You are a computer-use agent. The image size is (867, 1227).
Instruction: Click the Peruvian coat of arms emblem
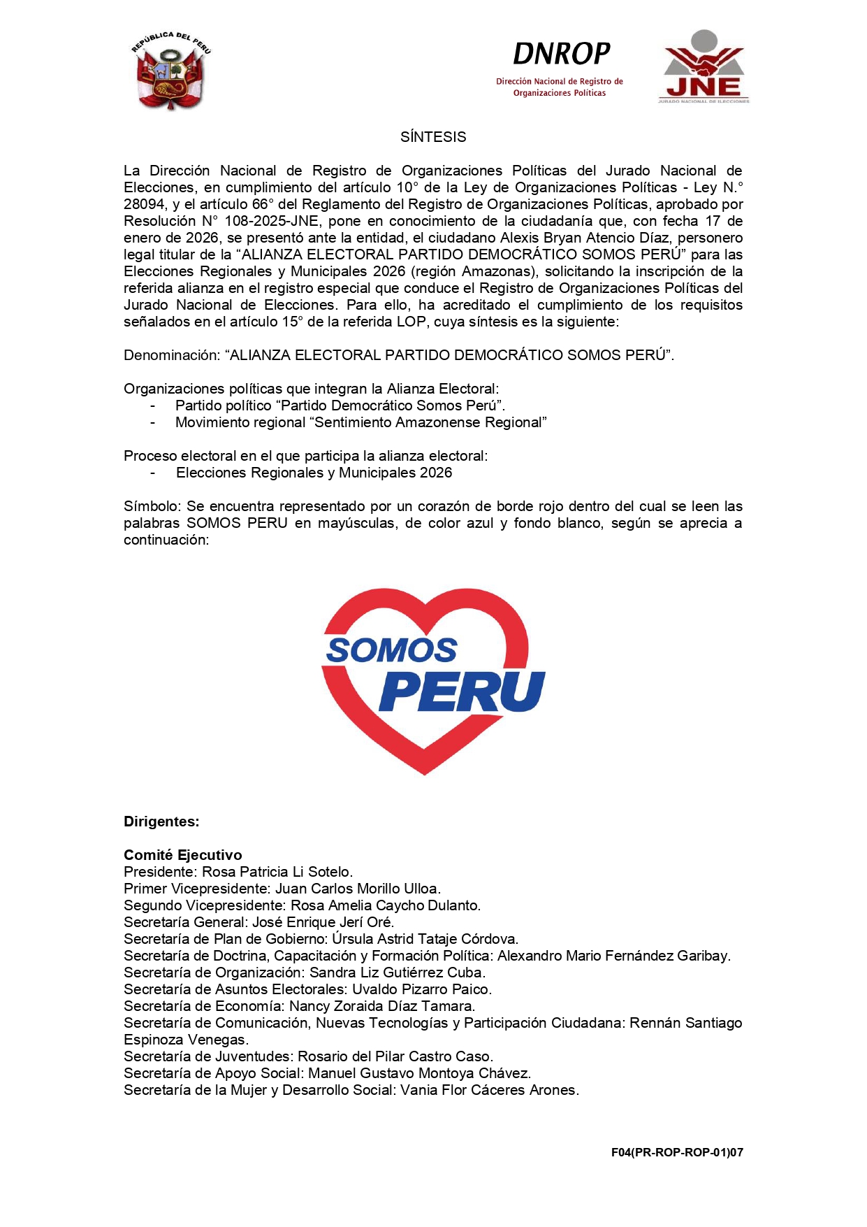pyautogui.click(x=170, y=71)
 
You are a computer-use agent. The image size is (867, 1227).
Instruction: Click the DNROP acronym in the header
pyautogui.click(x=561, y=54)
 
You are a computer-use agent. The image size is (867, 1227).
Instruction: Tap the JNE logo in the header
pyautogui.click(x=704, y=67)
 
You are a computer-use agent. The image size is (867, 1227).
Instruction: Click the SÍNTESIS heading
pyautogui.click(x=433, y=137)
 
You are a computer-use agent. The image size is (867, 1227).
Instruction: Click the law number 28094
pyautogui.click(x=143, y=204)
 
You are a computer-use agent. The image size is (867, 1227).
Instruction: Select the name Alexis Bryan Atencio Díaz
pyautogui.click(x=584, y=238)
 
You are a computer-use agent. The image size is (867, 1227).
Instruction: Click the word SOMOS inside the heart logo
pyautogui.click(x=391, y=650)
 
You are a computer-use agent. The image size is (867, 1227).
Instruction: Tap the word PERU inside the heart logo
pyautogui.click(x=461, y=691)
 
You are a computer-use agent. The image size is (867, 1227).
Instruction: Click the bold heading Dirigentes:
pyautogui.click(x=161, y=821)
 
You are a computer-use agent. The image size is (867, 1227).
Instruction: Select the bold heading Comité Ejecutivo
pyautogui.click(x=183, y=855)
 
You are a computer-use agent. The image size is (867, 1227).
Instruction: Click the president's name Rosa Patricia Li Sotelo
pyautogui.click(x=277, y=872)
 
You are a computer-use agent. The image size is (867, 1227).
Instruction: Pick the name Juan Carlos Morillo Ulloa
pyautogui.click(x=357, y=889)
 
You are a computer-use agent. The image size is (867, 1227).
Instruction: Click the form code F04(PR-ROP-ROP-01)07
pyautogui.click(x=676, y=1152)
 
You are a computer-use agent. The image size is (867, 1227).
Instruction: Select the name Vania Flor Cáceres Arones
pyautogui.click(x=489, y=1090)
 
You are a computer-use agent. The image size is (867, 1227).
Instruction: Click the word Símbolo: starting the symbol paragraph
pyautogui.click(x=152, y=506)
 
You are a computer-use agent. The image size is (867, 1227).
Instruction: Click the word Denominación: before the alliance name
pyautogui.click(x=171, y=355)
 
